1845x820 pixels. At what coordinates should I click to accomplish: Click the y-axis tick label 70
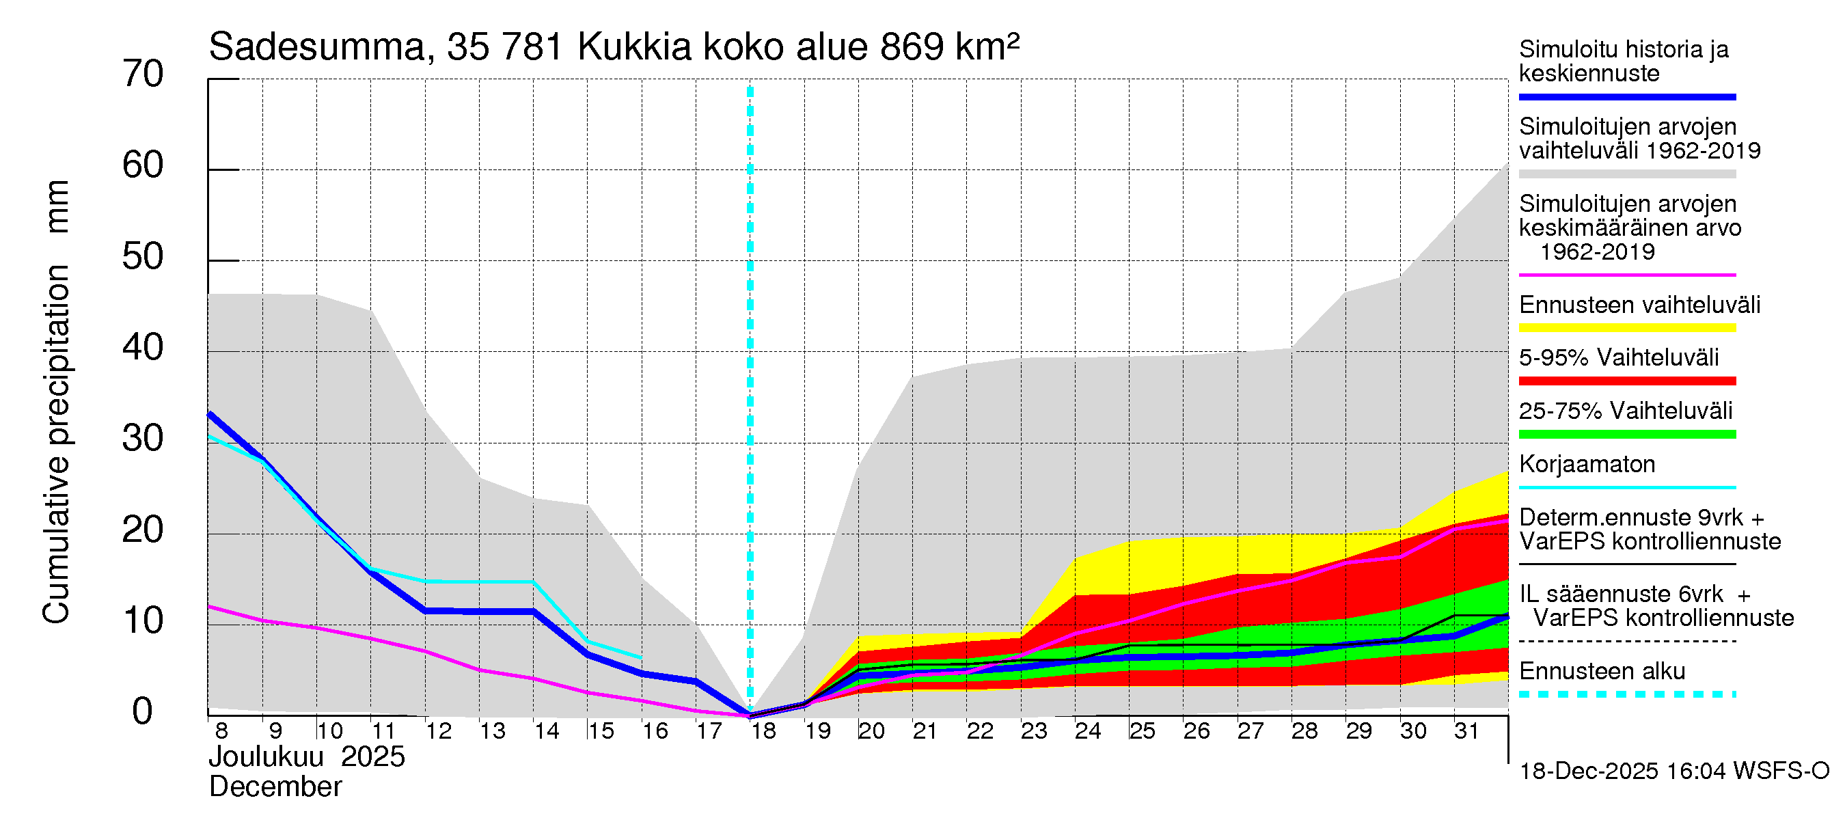click(143, 74)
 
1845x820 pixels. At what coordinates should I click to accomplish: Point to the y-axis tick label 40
click(143, 347)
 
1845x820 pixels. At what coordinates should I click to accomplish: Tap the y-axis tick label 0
click(143, 711)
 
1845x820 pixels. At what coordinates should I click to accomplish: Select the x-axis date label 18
click(763, 731)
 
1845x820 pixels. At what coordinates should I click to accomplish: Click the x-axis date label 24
click(1087, 731)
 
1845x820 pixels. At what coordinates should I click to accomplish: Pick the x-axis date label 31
click(1466, 731)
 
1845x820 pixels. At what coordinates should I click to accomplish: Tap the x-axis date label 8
click(221, 731)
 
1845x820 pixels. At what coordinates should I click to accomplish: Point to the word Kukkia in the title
click(634, 47)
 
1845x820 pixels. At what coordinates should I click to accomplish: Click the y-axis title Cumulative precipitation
click(56, 444)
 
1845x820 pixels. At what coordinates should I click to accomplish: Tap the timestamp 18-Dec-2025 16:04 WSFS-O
click(1673, 771)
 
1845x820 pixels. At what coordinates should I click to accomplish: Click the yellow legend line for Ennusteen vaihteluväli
click(1626, 328)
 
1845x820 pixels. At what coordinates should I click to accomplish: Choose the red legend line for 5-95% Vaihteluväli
click(1626, 381)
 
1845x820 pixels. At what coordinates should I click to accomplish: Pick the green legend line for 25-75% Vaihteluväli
click(1626, 434)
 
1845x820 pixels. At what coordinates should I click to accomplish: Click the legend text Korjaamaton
click(1587, 464)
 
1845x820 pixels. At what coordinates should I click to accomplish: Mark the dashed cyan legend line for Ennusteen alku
click(1626, 694)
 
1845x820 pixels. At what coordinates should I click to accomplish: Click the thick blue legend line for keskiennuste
click(1626, 96)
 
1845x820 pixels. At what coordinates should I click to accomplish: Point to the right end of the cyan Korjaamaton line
click(640, 657)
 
